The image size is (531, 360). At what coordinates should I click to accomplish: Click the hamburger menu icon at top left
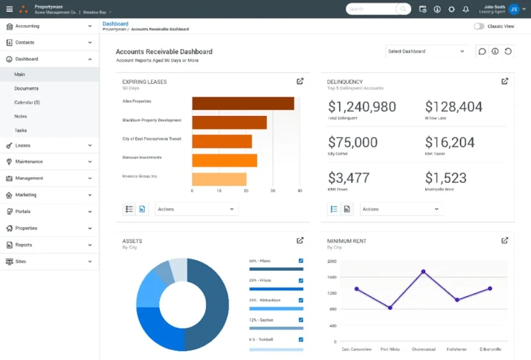pyautogui.click(x=9, y=9)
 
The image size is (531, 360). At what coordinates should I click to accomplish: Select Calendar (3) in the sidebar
pyautogui.click(x=27, y=103)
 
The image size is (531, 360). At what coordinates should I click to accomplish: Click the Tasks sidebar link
pyautogui.click(x=21, y=130)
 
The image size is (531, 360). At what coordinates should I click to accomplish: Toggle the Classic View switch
pyautogui.click(x=479, y=26)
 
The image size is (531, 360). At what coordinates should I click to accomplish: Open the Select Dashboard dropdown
pyautogui.click(x=426, y=51)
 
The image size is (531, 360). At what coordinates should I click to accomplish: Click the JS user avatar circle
pyautogui.click(x=514, y=9)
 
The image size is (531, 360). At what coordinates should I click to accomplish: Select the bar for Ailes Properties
pyautogui.click(x=242, y=103)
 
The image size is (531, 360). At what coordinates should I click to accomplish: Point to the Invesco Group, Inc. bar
pyautogui.click(x=219, y=179)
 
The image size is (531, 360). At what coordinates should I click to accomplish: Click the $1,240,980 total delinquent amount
pyautogui.click(x=362, y=107)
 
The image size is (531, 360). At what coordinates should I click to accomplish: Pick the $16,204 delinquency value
pyautogui.click(x=450, y=142)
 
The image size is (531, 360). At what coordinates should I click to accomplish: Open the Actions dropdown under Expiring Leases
pyautogui.click(x=196, y=209)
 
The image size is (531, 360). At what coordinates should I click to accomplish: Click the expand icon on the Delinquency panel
pyautogui.click(x=505, y=81)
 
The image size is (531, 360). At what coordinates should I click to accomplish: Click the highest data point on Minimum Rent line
pyautogui.click(x=423, y=271)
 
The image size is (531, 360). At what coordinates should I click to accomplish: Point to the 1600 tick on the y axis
pyautogui.click(x=332, y=277)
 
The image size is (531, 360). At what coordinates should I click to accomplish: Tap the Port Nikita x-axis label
pyautogui.click(x=389, y=349)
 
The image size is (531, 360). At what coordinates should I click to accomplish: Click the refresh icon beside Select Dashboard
pyautogui.click(x=508, y=51)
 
